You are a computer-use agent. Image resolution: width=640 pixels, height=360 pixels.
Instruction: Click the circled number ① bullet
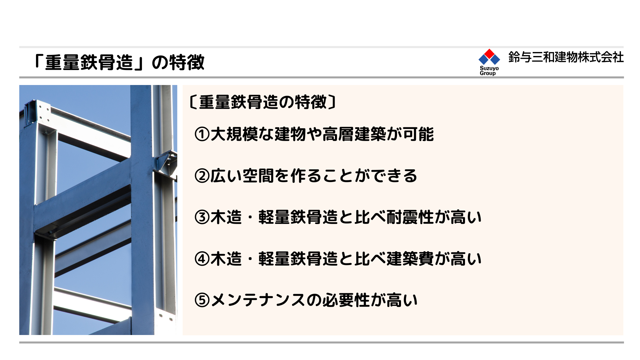coord(202,134)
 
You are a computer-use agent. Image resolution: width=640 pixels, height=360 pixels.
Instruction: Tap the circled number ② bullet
coord(202,176)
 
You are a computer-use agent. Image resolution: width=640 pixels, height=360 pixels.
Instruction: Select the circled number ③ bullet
coord(202,217)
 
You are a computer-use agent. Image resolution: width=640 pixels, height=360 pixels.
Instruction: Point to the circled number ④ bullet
coord(202,259)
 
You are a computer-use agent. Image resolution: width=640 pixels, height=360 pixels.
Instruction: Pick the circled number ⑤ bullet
coord(202,300)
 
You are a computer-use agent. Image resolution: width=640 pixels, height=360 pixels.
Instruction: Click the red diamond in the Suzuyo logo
coord(489,54)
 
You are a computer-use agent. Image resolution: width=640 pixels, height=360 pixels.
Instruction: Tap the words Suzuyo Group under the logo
coord(489,71)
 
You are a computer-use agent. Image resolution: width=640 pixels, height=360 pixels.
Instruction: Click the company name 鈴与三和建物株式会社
coord(566,57)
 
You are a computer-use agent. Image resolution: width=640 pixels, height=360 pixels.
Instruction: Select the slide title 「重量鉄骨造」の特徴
coord(119,62)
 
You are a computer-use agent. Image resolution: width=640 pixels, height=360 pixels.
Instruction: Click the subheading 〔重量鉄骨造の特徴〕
coord(263,102)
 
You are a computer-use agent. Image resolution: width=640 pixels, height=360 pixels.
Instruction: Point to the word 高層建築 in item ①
coord(354,134)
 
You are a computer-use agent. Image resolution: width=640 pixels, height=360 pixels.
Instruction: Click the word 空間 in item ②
coord(258,176)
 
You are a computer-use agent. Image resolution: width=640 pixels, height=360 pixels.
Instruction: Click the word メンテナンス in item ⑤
coord(258,300)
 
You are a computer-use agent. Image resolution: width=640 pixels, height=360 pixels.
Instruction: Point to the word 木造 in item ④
coord(226,259)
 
